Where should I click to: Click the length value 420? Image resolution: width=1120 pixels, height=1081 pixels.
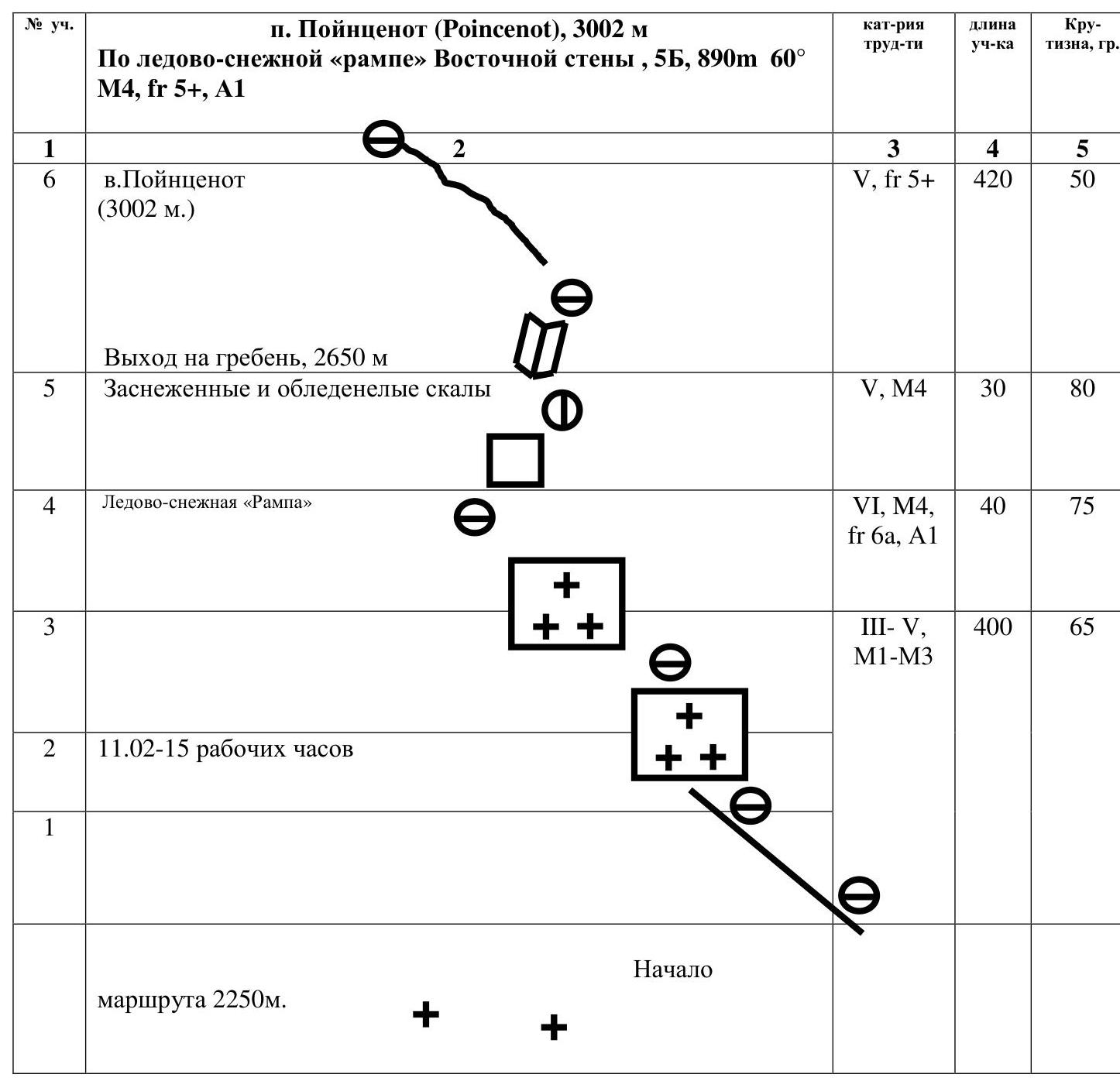[992, 180]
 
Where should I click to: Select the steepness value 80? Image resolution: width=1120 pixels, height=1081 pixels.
[1082, 389]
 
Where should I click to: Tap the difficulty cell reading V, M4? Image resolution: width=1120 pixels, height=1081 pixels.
[893, 389]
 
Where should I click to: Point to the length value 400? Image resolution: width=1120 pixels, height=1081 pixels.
[992, 627]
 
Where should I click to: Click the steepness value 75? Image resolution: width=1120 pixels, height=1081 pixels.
[1082, 506]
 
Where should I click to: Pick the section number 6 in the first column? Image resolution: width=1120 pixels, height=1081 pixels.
[50, 180]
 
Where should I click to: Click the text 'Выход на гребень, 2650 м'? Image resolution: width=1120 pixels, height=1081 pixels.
[246, 358]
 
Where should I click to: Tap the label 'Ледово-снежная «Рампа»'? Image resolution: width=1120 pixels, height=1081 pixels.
[208, 503]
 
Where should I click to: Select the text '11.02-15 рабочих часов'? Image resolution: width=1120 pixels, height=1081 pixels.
[225, 749]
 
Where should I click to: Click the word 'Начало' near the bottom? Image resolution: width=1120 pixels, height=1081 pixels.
[673, 969]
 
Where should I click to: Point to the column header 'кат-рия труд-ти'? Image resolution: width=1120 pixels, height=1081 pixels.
[893, 34]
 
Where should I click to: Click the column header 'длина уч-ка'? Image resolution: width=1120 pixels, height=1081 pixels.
[992, 34]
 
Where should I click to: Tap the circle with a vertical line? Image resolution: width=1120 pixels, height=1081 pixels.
[562, 410]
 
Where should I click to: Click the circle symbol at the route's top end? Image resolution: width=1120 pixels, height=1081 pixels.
[383, 139]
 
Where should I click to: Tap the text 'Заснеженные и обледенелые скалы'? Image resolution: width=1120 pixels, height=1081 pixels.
[297, 389]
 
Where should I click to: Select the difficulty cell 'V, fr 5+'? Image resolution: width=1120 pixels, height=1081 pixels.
[893, 180]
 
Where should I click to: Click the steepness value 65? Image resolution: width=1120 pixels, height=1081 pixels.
[1082, 627]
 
